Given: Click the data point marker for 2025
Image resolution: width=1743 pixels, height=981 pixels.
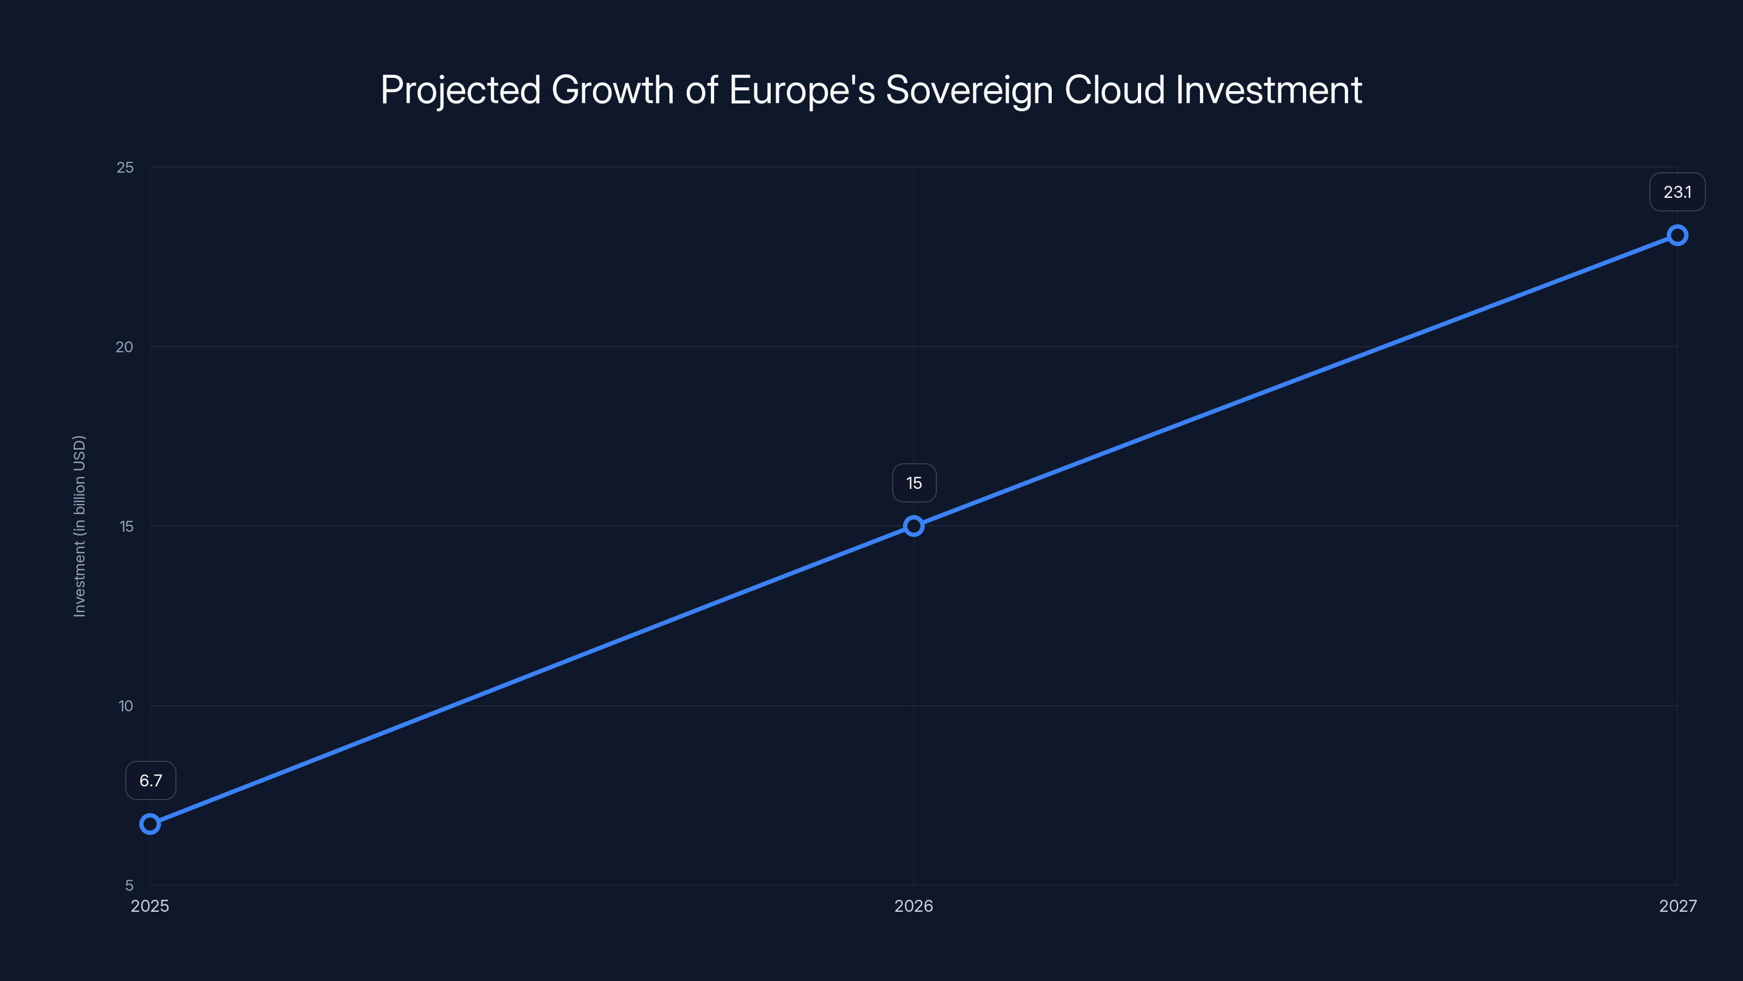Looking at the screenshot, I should tap(150, 824).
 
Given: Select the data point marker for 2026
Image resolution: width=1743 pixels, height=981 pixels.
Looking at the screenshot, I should tap(913, 526).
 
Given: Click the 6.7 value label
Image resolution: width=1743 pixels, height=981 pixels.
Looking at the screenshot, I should tap(151, 780).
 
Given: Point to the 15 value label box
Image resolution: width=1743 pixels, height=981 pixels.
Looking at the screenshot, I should tap(914, 483).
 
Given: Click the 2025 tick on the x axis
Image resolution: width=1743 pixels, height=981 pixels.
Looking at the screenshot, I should tap(150, 906).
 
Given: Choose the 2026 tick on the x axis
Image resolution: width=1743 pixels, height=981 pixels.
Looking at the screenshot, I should tap(913, 906).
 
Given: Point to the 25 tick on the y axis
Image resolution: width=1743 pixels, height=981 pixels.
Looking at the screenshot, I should tap(125, 167).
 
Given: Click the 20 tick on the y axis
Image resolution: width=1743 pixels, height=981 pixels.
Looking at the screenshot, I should tap(125, 347).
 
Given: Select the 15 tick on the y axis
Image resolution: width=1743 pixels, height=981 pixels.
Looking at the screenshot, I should tap(126, 526).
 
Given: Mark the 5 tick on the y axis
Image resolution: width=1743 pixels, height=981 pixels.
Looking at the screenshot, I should tap(129, 886).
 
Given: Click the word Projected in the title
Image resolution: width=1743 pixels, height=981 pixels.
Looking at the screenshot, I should tap(461, 90).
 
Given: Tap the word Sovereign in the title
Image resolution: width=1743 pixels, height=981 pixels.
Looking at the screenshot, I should tap(970, 90).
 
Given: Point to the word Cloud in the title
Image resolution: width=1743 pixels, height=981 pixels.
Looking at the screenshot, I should tap(1115, 89).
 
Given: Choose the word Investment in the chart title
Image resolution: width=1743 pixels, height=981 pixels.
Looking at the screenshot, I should tap(1269, 89).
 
